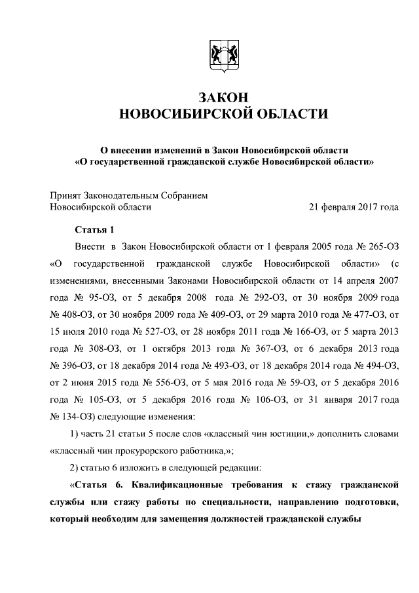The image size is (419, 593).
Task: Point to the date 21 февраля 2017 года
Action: pyautogui.click(x=354, y=207)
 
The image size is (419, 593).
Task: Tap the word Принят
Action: pyautogui.click(x=67, y=195)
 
